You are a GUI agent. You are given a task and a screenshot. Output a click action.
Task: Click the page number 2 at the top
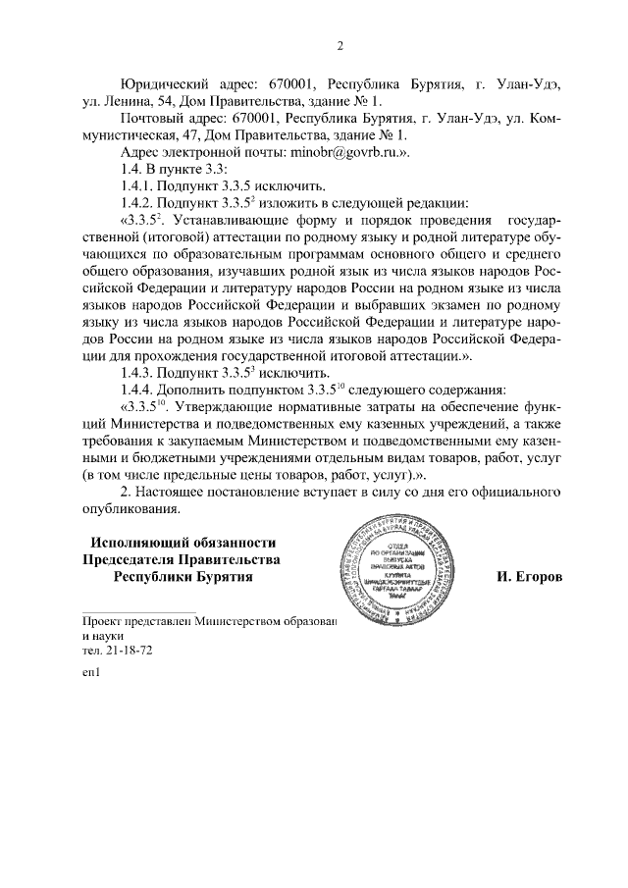(340, 45)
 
